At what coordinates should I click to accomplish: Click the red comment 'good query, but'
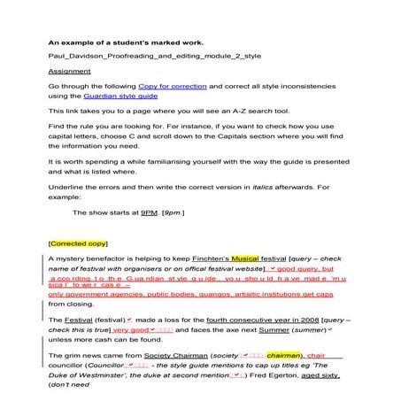coord(306,267)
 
